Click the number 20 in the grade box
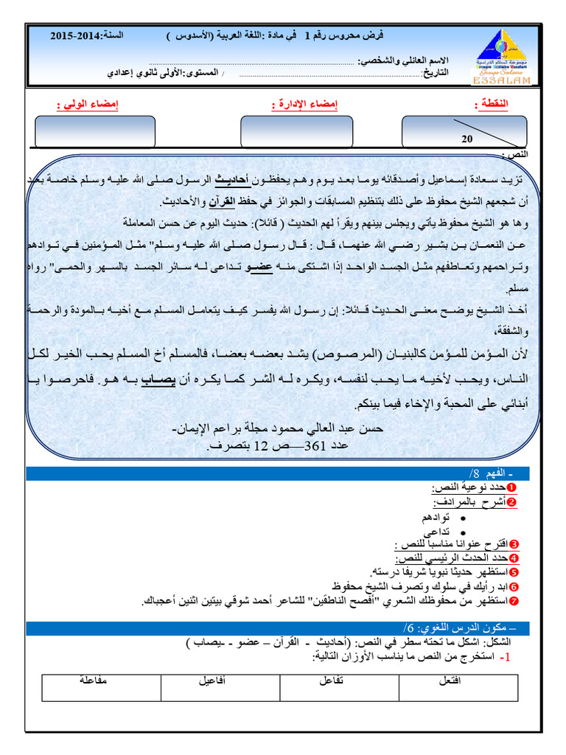pos(467,139)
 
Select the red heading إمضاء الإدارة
pos(304,105)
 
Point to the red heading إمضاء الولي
pos(88,105)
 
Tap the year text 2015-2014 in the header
pos(77,35)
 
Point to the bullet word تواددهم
pos(436,518)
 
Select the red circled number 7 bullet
pos(514,602)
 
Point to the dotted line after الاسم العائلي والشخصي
pos(251,63)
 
